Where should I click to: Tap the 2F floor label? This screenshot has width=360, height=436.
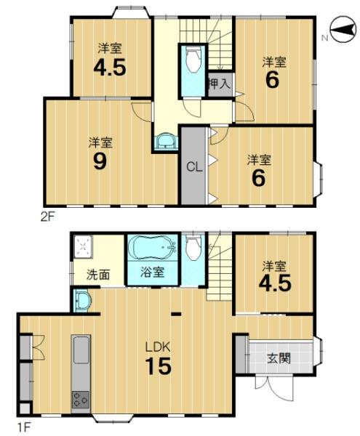[x=47, y=217]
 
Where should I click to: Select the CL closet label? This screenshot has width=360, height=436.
[x=194, y=167]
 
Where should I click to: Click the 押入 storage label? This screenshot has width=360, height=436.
[x=220, y=84]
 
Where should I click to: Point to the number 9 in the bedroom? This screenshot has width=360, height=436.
[x=100, y=161]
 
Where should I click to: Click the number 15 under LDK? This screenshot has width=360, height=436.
[x=159, y=366]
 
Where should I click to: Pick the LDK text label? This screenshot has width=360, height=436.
[x=158, y=347]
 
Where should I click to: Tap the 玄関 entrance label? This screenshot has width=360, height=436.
[x=279, y=358]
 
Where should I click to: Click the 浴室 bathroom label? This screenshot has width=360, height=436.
[x=153, y=272]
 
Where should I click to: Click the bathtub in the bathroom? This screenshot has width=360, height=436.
[x=153, y=248]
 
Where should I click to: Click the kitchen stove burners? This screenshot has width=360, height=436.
[x=81, y=400]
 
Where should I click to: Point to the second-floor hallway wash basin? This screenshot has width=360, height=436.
[x=166, y=142]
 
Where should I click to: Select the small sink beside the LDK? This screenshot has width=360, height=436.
[x=82, y=300]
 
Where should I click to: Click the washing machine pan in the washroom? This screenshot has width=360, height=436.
[x=83, y=246]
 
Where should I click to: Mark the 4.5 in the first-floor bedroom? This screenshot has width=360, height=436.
[x=275, y=283]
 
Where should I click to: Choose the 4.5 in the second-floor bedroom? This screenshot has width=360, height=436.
[x=110, y=68]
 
